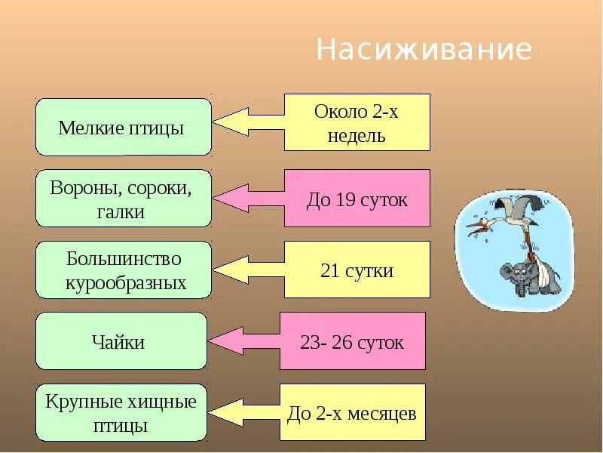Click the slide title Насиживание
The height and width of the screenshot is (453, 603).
click(424, 50)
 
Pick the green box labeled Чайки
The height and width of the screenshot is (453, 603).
click(121, 341)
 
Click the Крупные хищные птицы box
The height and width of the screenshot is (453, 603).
click(121, 412)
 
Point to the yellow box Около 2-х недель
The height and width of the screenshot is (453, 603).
click(357, 122)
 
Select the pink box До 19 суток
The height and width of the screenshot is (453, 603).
click(357, 199)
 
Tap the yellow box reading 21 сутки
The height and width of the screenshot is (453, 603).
click(357, 270)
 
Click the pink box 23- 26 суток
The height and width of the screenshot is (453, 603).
click(352, 341)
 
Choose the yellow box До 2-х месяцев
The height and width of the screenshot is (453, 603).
click(352, 413)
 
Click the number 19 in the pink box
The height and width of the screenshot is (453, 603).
click(347, 200)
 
